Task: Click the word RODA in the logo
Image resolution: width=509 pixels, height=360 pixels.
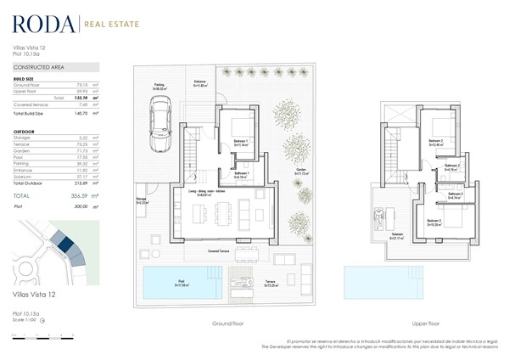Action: [40, 25]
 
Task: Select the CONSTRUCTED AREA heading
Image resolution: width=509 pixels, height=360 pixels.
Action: [37, 66]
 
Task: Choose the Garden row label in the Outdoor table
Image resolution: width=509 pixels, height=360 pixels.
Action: [23, 149]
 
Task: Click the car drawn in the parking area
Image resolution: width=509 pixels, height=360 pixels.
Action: [159, 120]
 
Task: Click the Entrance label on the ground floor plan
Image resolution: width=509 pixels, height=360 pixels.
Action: [201, 83]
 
